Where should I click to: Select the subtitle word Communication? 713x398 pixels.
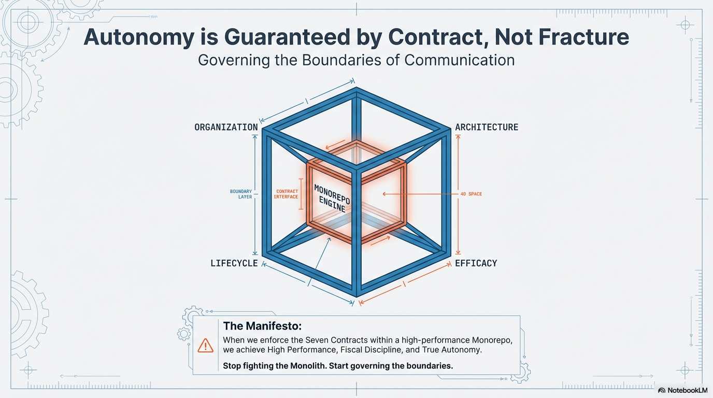point(459,60)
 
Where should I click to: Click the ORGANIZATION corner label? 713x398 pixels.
point(226,127)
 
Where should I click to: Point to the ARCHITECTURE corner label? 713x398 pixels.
point(487,127)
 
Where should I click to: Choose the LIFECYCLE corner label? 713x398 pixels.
point(234,263)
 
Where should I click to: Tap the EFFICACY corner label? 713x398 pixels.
point(476,263)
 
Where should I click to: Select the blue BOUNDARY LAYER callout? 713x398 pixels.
point(241,194)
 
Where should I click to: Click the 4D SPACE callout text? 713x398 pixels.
point(471,194)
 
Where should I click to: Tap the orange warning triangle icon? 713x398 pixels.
point(205,345)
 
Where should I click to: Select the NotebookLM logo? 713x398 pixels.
point(682,390)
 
